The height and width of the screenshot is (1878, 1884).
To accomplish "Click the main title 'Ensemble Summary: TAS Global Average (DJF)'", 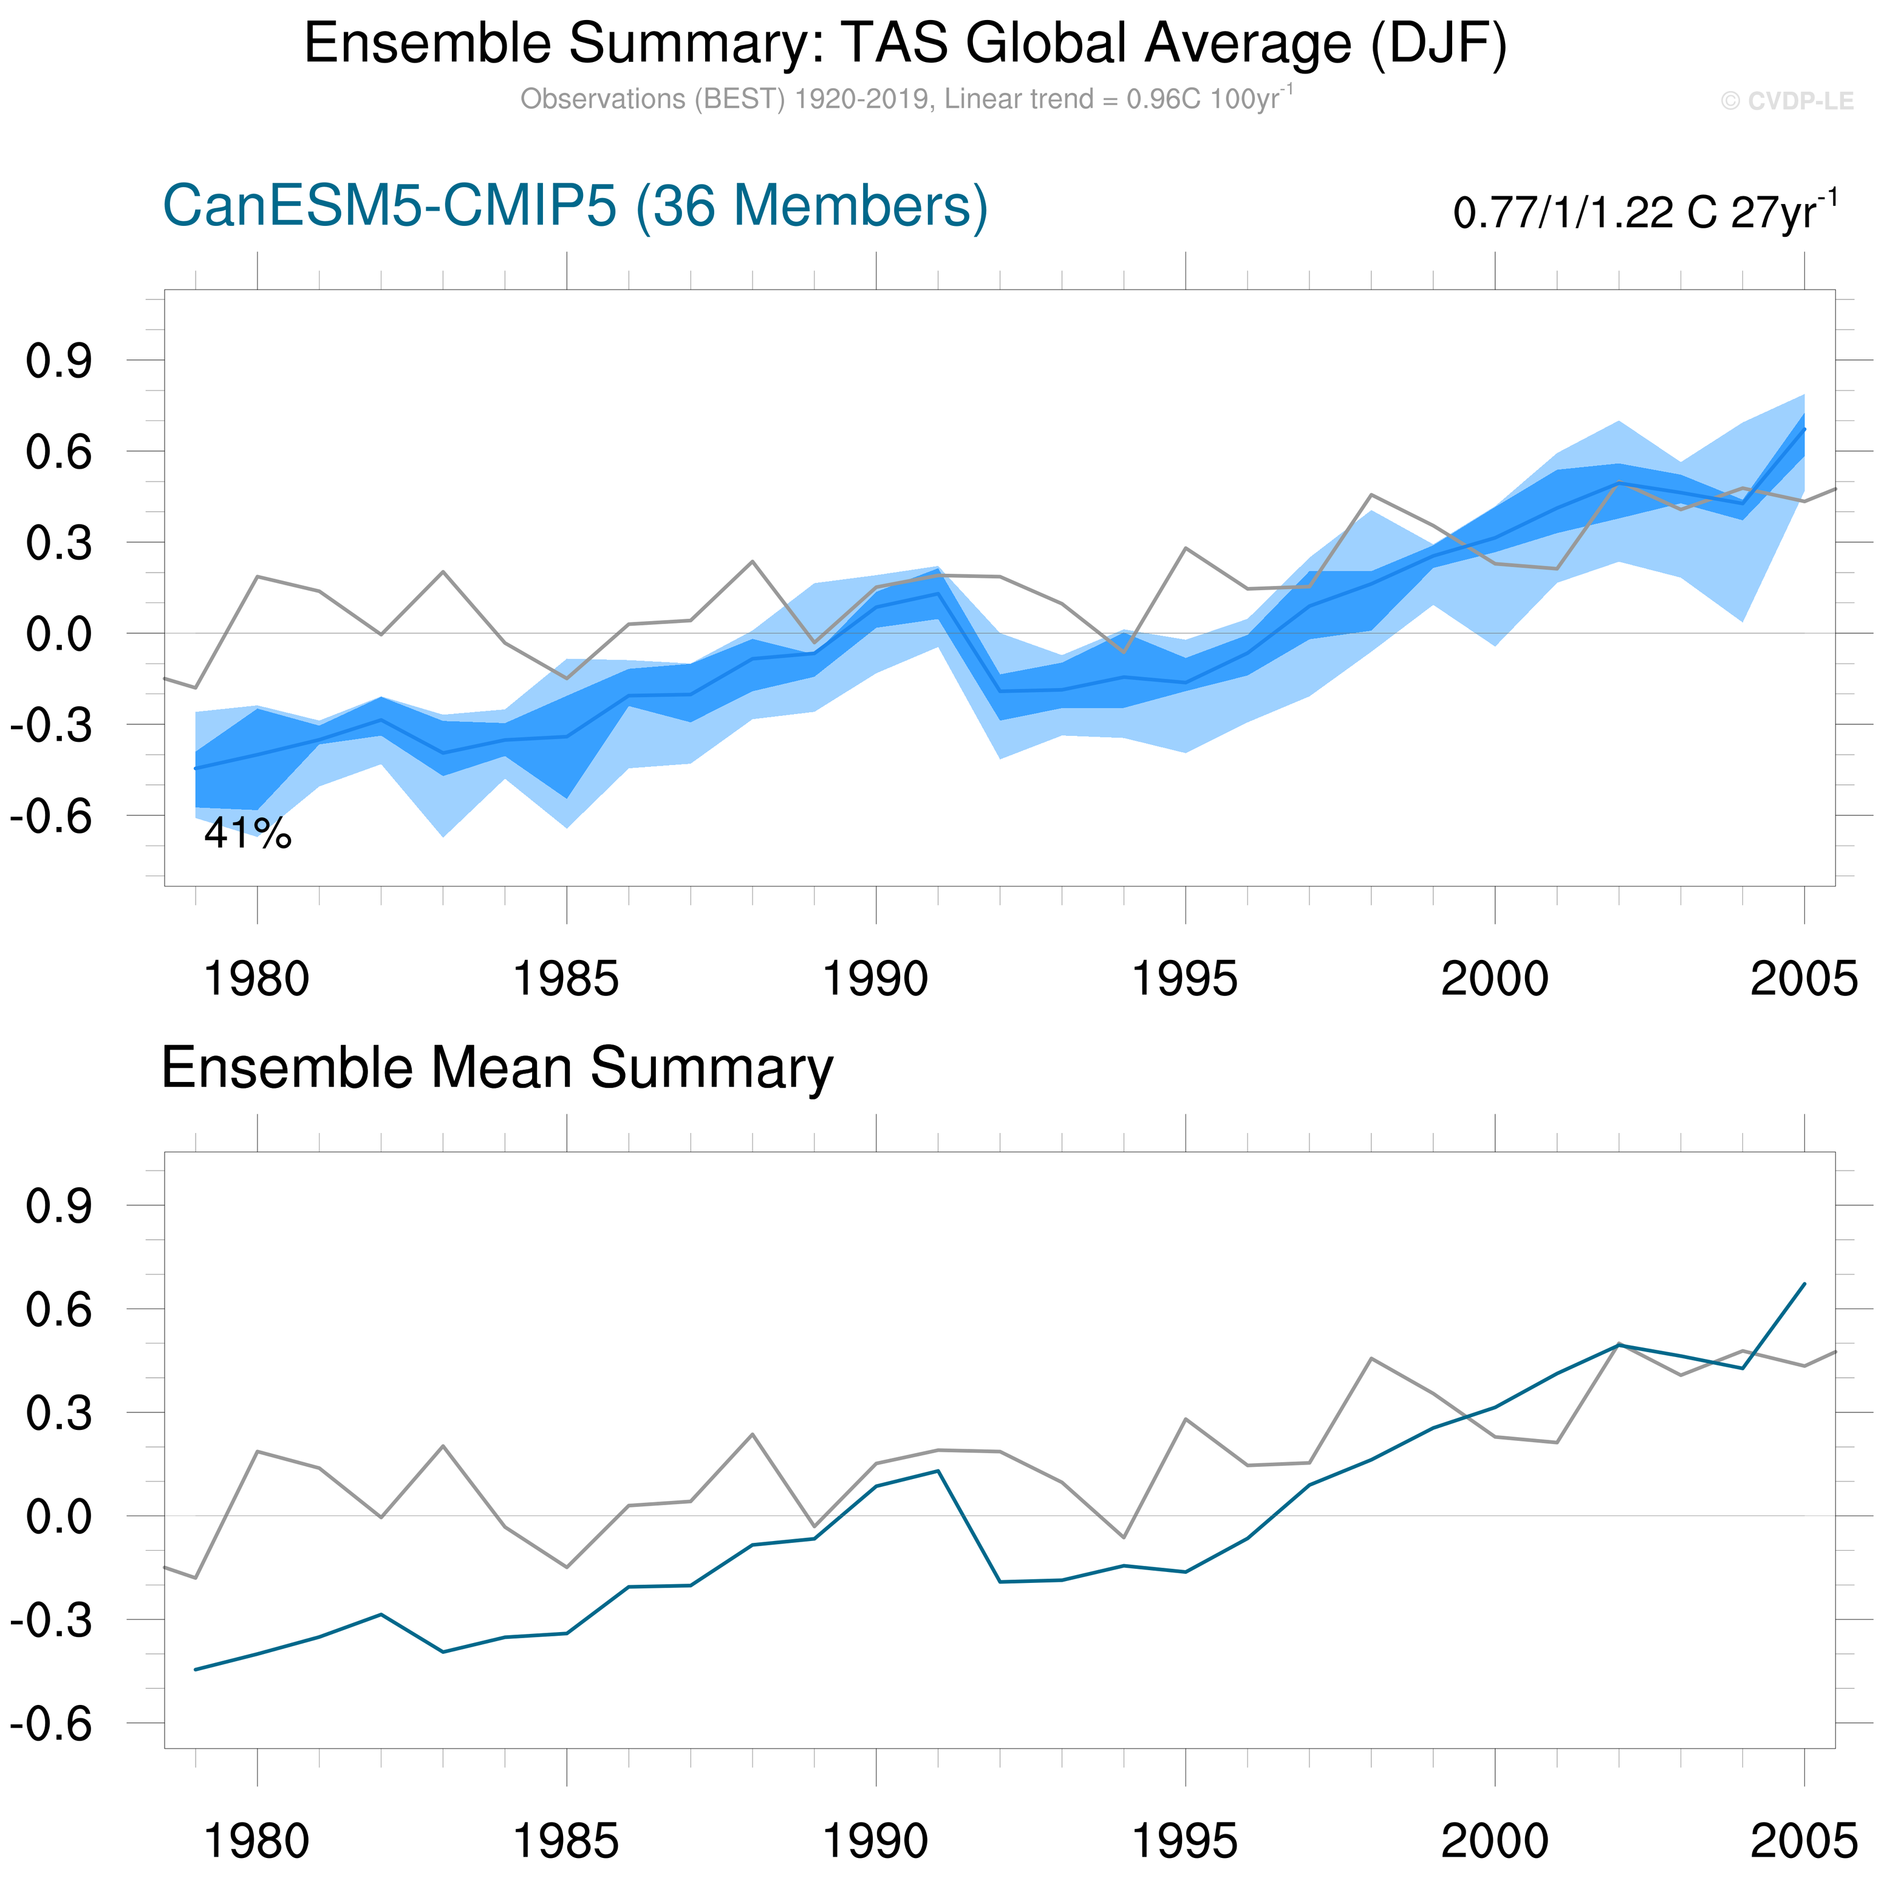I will pos(905,44).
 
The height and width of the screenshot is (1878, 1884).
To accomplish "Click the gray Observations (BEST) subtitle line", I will pos(905,100).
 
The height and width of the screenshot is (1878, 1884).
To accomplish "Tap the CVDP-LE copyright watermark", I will pos(1786,101).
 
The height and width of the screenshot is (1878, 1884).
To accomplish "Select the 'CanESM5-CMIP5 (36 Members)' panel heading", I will pos(575,206).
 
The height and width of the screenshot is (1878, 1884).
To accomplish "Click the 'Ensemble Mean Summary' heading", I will pos(497,1067).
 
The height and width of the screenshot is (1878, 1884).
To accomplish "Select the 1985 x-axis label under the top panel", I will pos(565,979).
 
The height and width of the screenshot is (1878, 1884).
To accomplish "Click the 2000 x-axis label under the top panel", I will pos(1494,979).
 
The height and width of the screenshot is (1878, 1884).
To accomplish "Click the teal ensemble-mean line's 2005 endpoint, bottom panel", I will pos(1804,1284).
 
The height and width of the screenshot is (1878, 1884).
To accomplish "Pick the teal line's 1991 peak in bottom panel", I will pos(938,1471).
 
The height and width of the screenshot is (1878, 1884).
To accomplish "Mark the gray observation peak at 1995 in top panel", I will pos(1185,548).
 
